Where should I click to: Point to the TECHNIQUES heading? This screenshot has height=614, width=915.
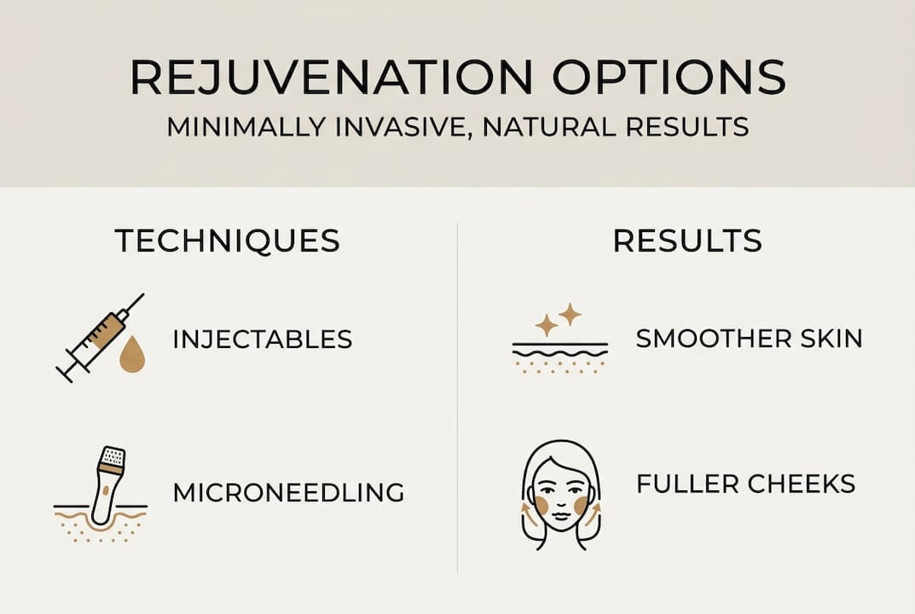[x=228, y=241]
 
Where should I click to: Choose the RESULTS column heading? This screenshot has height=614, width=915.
[x=687, y=241]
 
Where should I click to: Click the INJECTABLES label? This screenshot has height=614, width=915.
[x=263, y=339]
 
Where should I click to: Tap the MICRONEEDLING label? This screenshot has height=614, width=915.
[x=288, y=492]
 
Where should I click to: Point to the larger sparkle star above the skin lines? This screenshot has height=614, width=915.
[x=569, y=315]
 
